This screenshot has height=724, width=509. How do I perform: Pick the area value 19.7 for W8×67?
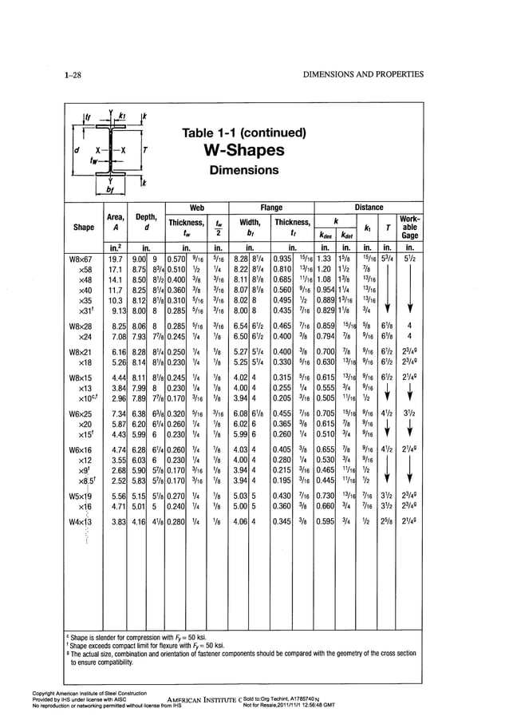coord(116,259)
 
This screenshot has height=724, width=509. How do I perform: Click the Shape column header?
coord(84,226)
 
